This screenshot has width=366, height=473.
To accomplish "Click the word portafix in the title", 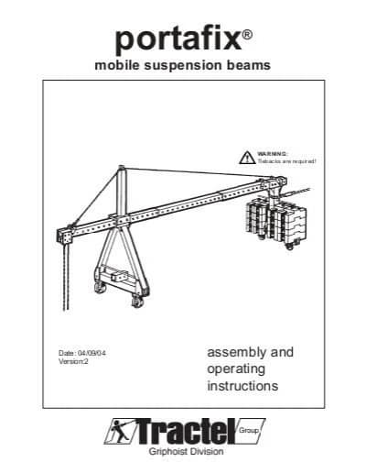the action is [x=178, y=39].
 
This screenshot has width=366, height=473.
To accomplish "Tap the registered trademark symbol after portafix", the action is [x=247, y=34].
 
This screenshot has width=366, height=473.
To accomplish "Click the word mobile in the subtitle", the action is [x=117, y=65].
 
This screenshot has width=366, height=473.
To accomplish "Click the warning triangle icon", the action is [x=247, y=158].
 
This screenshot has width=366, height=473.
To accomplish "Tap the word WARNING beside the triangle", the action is [x=272, y=153].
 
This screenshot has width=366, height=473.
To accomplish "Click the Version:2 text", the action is [x=73, y=361].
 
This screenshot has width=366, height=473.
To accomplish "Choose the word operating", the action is [x=236, y=369].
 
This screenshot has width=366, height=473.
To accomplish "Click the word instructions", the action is [x=242, y=386].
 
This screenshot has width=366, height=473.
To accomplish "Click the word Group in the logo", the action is [x=249, y=431].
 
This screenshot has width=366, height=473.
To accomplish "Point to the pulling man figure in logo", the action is [x=119, y=431].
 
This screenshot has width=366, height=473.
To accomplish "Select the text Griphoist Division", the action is [x=186, y=451].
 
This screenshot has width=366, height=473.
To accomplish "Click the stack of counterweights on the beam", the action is [x=276, y=222].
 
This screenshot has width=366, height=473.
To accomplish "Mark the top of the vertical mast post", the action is [x=122, y=167].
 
